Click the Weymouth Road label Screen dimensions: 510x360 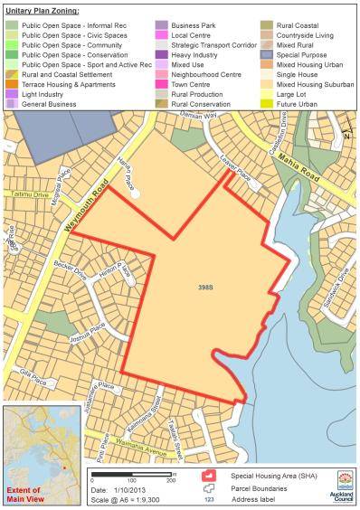[86, 194]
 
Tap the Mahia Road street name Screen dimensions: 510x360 [324, 166]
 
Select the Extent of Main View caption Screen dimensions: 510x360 [25, 494]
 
